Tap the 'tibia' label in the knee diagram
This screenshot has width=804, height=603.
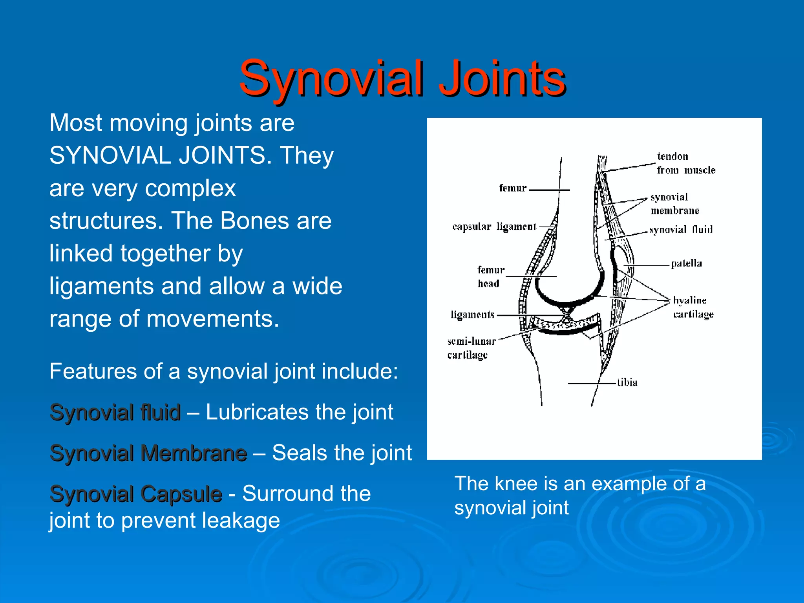click(627, 382)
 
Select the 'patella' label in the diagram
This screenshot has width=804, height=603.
click(686, 263)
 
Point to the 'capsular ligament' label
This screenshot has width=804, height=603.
click(494, 227)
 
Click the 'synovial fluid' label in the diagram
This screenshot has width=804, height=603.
click(681, 229)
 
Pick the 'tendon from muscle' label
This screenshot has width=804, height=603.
click(685, 163)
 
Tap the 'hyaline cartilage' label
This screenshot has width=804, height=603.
click(693, 307)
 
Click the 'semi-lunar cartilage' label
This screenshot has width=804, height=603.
click(471, 348)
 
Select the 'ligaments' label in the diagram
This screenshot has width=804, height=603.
click(472, 315)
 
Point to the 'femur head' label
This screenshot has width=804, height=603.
click(490, 276)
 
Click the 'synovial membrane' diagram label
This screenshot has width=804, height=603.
click(674, 204)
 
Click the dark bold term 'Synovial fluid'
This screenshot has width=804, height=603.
click(115, 412)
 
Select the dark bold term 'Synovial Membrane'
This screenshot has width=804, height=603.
click(148, 453)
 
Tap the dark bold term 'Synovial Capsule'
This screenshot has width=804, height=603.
click(136, 494)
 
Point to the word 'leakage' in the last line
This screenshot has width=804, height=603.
click(241, 521)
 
